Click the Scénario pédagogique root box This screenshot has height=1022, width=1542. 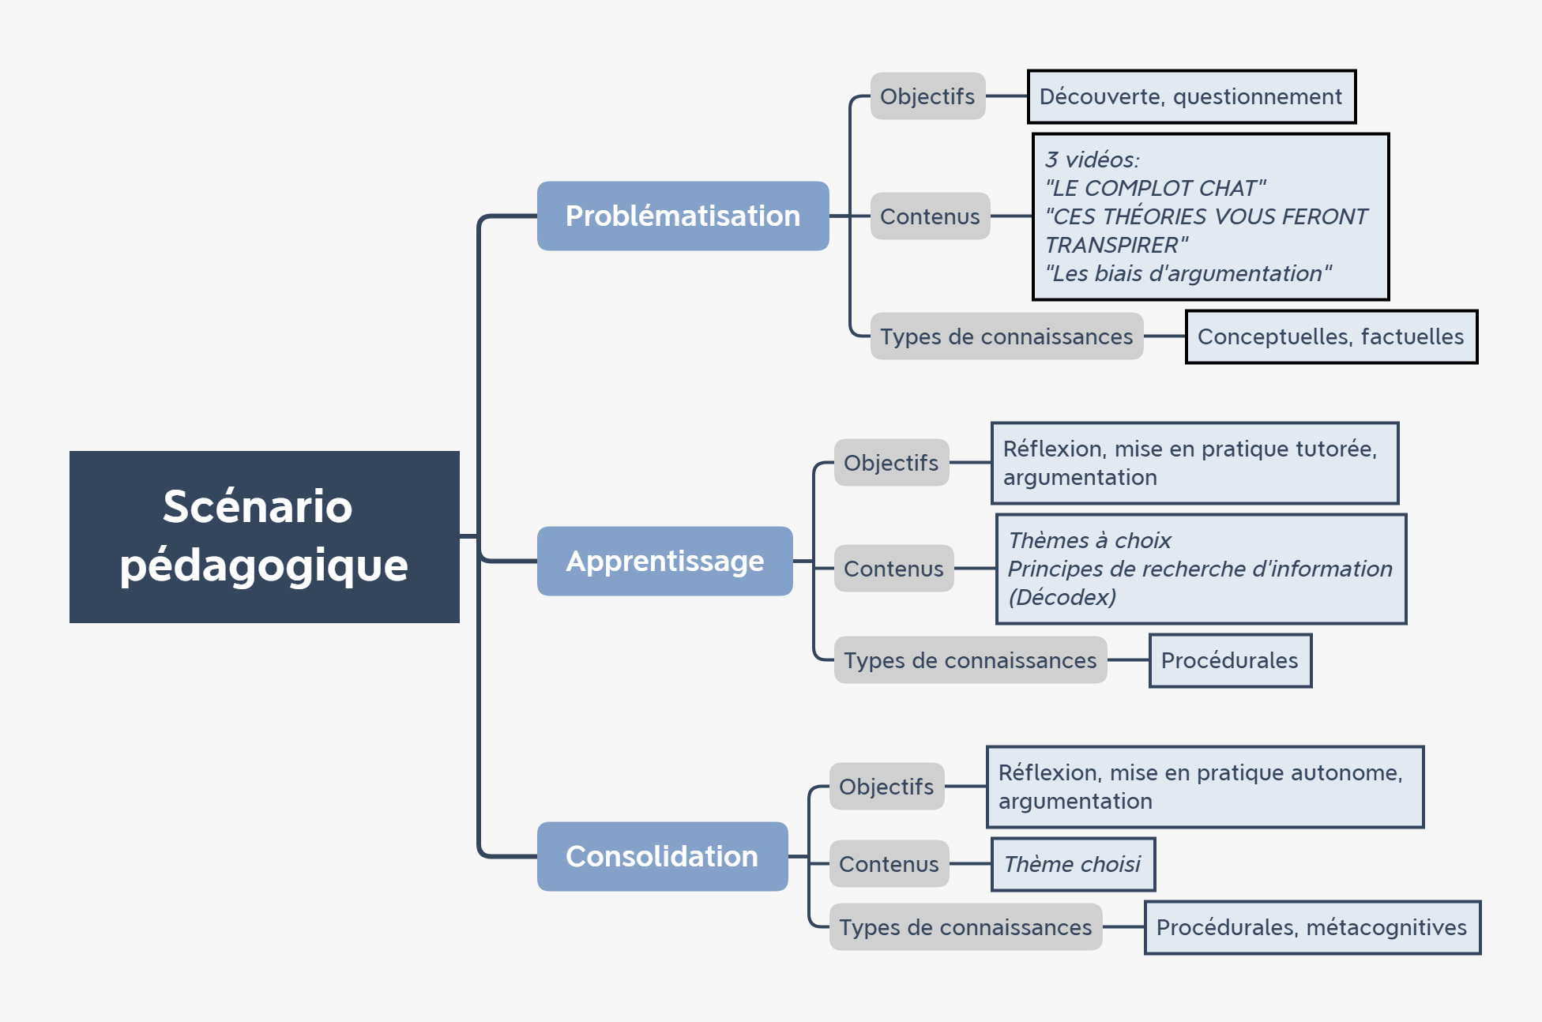point(265,537)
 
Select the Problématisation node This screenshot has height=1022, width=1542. point(683,216)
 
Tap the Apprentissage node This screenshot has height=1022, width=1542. point(665,561)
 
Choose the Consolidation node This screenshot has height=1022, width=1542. point(662,856)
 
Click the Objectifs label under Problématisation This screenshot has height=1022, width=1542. point(928,96)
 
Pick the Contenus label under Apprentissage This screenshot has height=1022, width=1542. point(894,569)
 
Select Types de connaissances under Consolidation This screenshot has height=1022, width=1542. point(965,927)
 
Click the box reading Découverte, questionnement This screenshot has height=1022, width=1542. point(1191,96)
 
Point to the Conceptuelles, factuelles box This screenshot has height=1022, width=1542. point(1331,336)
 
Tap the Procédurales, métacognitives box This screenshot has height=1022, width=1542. point(1312,927)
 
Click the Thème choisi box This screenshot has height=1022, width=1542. point(1073,864)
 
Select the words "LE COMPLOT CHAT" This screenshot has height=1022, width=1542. point(1156,188)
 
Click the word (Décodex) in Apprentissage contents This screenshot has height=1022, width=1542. point(1062,597)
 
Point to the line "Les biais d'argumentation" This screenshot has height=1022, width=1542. point(1188,273)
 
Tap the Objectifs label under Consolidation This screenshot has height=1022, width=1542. point(886,787)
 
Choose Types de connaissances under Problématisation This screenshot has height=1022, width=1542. point(1007,336)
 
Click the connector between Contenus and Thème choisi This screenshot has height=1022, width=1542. point(970,864)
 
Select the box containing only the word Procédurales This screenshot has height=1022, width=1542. point(1230,660)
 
